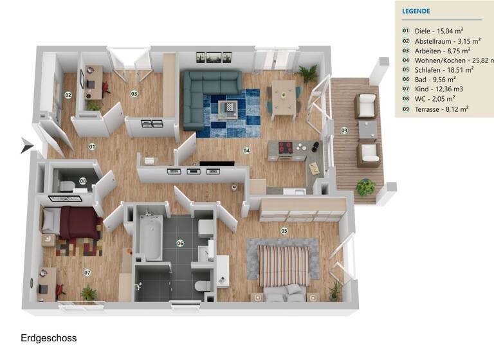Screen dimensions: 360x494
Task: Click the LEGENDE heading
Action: [x=416, y=11]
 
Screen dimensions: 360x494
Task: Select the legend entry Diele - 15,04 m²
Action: [x=439, y=30]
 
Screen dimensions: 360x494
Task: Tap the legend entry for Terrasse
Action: [x=441, y=109]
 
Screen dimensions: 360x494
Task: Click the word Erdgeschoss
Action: [x=48, y=338]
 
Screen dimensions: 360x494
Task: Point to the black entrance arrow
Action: [x=26, y=146]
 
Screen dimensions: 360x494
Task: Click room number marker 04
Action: [x=246, y=150]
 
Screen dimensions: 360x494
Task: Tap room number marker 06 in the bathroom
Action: [x=180, y=243]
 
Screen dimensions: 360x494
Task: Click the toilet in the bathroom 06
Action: [x=201, y=283]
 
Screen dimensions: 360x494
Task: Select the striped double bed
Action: [x=284, y=265]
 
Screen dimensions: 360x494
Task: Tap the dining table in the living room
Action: [x=283, y=94]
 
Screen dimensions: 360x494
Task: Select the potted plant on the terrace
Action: [x=365, y=187]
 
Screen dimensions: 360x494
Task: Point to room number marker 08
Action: [x=83, y=181]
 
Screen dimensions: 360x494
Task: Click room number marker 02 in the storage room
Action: [x=68, y=95]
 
